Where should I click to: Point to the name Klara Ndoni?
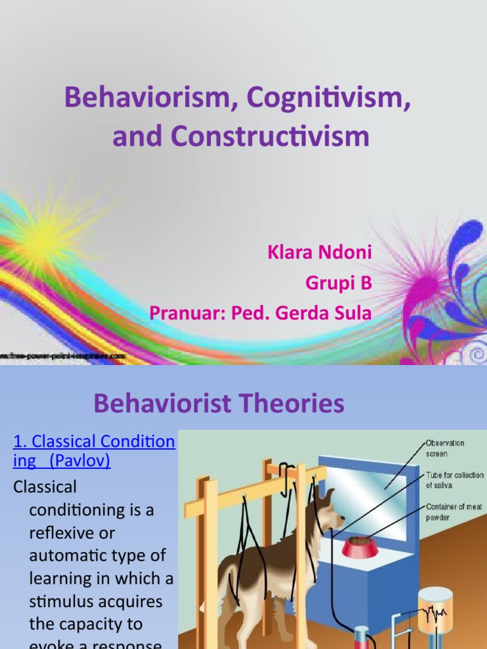[x=320, y=254]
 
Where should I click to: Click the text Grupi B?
[x=339, y=283]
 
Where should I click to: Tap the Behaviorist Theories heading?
[x=219, y=403]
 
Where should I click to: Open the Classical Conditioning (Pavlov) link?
[x=93, y=451]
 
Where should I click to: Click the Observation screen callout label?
[x=445, y=448]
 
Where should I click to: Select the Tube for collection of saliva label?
[x=454, y=480]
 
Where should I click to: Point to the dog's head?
[x=328, y=511]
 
